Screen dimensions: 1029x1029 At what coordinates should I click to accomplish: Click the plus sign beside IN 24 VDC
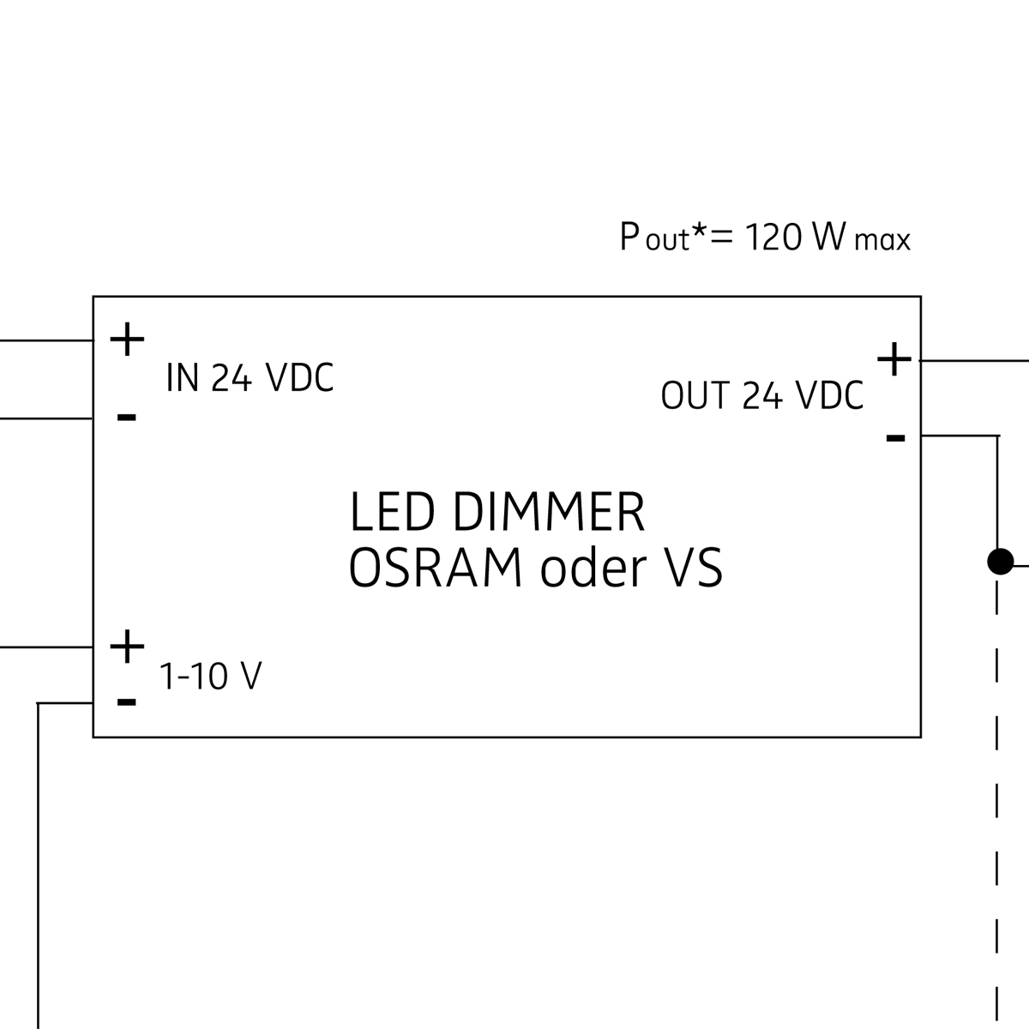[127, 340]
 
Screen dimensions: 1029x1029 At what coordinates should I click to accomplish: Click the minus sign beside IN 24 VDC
[127, 418]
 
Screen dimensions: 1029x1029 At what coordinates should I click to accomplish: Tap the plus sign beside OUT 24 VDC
[894, 360]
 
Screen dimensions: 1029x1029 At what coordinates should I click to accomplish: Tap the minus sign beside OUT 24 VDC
[895, 438]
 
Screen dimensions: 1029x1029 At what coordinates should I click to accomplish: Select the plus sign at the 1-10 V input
[127, 647]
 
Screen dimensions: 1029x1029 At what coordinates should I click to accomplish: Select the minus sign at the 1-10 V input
[127, 702]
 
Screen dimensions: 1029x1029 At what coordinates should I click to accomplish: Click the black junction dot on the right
[1000, 562]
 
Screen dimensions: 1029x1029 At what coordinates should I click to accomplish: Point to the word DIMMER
[548, 513]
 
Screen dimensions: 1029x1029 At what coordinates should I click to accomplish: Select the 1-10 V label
[211, 677]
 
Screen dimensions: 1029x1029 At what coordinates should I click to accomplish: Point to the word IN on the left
[183, 377]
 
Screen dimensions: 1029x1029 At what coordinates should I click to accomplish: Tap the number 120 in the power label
[773, 238]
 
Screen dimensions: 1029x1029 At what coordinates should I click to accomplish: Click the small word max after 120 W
[882, 241]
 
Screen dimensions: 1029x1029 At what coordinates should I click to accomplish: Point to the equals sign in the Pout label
[722, 238]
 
